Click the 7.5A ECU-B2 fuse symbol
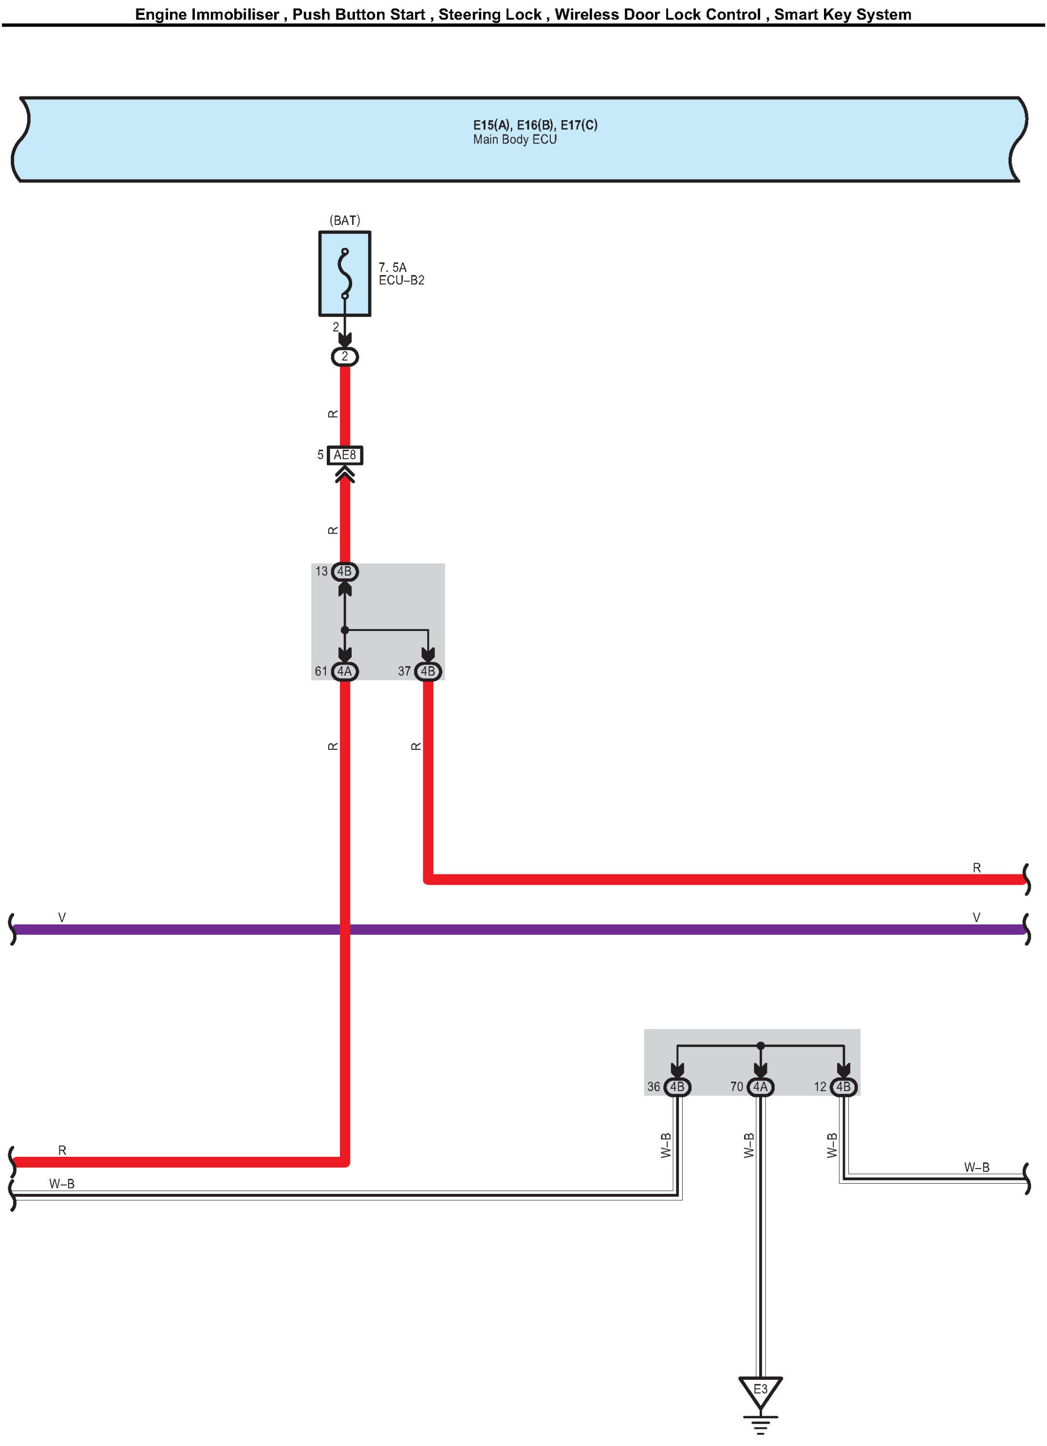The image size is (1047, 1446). [344, 274]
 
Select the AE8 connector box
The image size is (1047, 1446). [344, 455]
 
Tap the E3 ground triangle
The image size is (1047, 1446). [760, 1392]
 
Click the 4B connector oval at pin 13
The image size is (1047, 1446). [344, 571]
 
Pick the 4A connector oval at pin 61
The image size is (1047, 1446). [344, 671]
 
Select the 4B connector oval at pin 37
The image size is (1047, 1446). [428, 671]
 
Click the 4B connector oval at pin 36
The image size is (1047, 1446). [677, 1086]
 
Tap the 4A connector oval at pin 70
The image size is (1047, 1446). [760, 1086]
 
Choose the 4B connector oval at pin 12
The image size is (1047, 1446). [843, 1086]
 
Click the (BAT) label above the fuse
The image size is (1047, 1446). [344, 221]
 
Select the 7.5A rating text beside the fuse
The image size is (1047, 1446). [392, 267]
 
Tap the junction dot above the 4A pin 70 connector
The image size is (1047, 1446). [760, 1046]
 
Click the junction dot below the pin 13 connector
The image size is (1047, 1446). [344, 630]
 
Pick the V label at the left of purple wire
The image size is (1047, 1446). [62, 917]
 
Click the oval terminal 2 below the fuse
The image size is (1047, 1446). [344, 356]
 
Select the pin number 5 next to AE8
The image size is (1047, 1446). [320, 455]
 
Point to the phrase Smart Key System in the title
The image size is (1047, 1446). [842, 14]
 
